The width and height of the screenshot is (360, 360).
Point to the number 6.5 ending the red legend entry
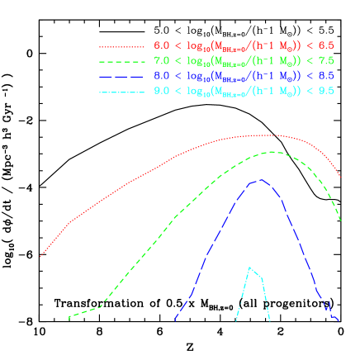(x=326, y=47)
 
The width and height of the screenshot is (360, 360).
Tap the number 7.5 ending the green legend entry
(x=326, y=61)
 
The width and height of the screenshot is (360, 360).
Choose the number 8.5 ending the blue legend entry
(x=326, y=75)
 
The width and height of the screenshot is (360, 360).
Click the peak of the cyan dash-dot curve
(x=250, y=267)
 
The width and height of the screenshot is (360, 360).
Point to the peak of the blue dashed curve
(x=260, y=180)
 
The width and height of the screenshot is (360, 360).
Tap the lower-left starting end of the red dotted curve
(x=40, y=257)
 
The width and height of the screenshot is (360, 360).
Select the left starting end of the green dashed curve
(x=69, y=317)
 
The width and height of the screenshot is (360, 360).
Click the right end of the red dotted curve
(x=341, y=177)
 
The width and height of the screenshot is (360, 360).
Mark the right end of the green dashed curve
(x=341, y=220)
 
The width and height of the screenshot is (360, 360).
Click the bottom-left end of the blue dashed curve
(x=175, y=320)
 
